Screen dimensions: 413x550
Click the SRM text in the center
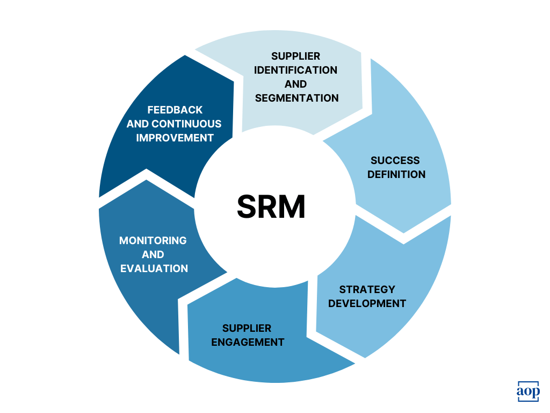pos(271,207)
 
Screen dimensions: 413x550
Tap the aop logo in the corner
pos(527,391)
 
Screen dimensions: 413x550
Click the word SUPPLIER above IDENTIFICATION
pos(295,56)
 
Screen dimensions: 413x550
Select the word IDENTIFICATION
pos(295,70)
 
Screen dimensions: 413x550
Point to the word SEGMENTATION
pos(296,98)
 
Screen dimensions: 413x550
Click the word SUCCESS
pos(395,160)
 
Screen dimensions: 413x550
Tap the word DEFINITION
pos(396,174)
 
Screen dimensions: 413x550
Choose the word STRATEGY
pos(367,289)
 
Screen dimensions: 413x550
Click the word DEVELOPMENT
pos(367,303)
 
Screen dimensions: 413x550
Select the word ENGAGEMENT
pos(248,342)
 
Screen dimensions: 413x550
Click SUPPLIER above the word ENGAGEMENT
pos(247,328)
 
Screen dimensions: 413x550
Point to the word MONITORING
pos(153,240)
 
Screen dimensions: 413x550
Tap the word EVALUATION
pos(154,268)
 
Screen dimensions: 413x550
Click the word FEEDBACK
pos(175,110)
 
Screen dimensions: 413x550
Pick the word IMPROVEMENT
pos(175,138)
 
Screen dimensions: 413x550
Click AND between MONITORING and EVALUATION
pos(153,254)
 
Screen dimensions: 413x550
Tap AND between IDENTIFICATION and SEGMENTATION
pos(295,84)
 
